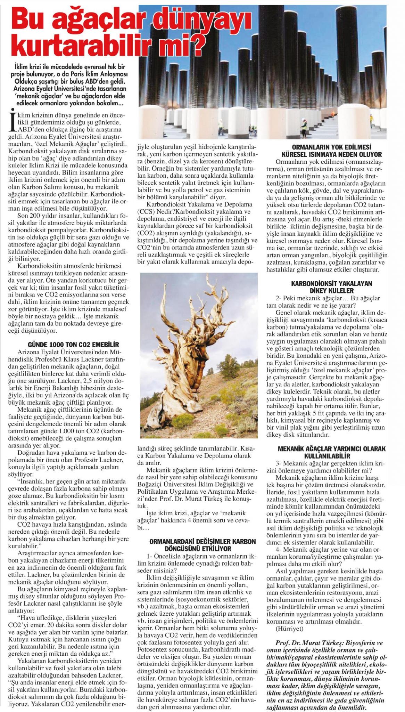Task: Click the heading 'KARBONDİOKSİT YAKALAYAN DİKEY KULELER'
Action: [331, 287]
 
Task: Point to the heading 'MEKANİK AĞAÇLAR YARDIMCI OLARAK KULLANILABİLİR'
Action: [332, 452]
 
